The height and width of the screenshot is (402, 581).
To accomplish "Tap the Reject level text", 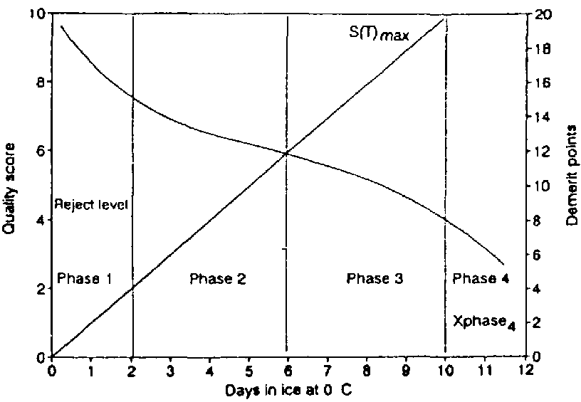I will point(90,205).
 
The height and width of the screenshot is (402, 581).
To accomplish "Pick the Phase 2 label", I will point(218,278).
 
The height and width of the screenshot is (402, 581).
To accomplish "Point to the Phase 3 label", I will point(375,278).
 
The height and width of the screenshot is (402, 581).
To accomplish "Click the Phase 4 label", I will point(481,278).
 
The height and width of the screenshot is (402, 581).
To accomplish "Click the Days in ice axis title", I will point(288,391).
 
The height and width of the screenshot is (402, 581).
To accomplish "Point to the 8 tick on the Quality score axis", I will point(41,83).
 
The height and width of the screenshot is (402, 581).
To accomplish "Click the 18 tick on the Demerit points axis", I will point(539,48).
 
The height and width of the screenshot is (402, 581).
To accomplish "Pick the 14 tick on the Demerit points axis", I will point(539,117).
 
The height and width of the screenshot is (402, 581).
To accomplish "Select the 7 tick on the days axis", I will point(327,370).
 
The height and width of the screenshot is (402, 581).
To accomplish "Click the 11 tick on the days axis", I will point(484,370).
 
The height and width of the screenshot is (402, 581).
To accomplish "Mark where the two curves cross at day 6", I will point(287,152).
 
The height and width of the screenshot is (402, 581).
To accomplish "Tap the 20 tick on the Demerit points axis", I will point(540,14).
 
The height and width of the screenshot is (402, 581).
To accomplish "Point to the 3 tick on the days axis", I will point(170,370).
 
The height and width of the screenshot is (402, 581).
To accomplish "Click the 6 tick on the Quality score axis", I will point(41,152).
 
